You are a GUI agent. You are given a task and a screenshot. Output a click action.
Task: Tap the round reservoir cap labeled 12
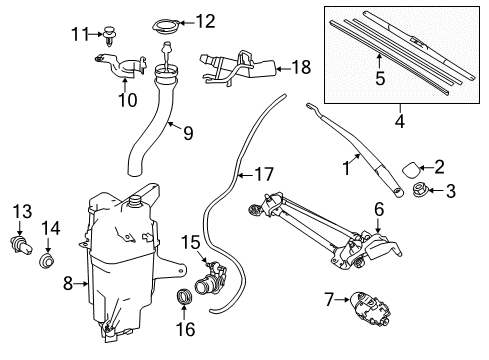point(167,22)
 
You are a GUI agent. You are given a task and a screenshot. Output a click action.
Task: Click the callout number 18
point(301,68)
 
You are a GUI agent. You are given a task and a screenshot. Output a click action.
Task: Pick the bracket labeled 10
point(123,72)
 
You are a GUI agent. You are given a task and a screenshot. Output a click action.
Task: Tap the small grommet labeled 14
point(46,263)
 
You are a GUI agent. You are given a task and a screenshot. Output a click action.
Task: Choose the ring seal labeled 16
point(183,298)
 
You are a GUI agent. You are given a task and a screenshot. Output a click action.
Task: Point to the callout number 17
point(262,174)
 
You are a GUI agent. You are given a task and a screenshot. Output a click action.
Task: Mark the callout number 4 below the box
point(398,123)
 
